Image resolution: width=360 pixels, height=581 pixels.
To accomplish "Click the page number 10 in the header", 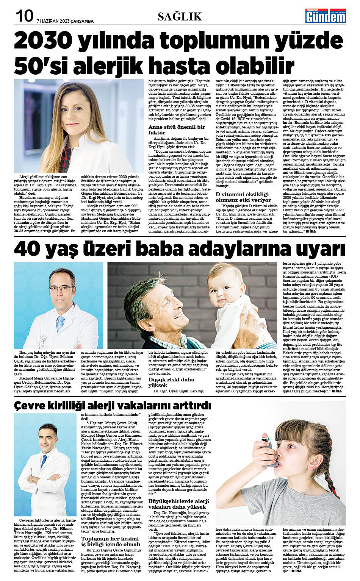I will [x=24, y=16].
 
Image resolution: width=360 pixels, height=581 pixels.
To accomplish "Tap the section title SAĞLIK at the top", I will [x=180, y=17].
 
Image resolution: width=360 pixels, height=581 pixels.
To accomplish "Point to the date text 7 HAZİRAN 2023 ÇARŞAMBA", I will [x=65, y=21].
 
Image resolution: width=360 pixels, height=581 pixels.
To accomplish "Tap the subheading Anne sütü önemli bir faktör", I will [x=177, y=130].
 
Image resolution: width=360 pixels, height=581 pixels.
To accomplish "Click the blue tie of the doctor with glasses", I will [x=60, y=324].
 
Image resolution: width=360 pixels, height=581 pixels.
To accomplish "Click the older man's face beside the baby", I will [x=169, y=303].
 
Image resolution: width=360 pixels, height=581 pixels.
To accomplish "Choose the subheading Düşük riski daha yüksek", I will [x=171, y=382].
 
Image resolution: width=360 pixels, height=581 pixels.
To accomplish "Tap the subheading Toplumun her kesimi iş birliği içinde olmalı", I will [x=110, y=541].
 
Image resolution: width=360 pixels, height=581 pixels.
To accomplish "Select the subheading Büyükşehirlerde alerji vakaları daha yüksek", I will [x=178, y=504].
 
